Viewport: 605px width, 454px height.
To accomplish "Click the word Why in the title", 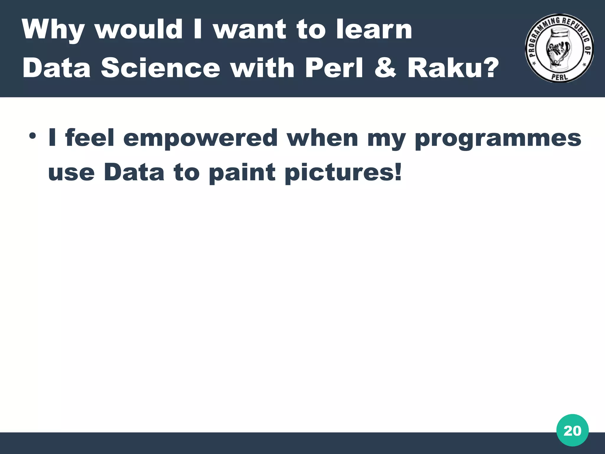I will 53,30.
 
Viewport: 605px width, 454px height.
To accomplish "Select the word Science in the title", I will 161,68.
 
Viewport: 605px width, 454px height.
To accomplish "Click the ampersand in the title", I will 385,68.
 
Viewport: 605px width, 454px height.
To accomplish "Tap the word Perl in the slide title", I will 334,68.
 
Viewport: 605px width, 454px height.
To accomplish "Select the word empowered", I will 201,138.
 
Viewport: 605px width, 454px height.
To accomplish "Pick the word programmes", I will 498,138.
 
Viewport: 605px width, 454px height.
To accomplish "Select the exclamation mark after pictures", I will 398,172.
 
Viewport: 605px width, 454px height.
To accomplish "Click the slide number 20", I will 572,431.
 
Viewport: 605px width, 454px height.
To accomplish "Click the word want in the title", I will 250,30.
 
